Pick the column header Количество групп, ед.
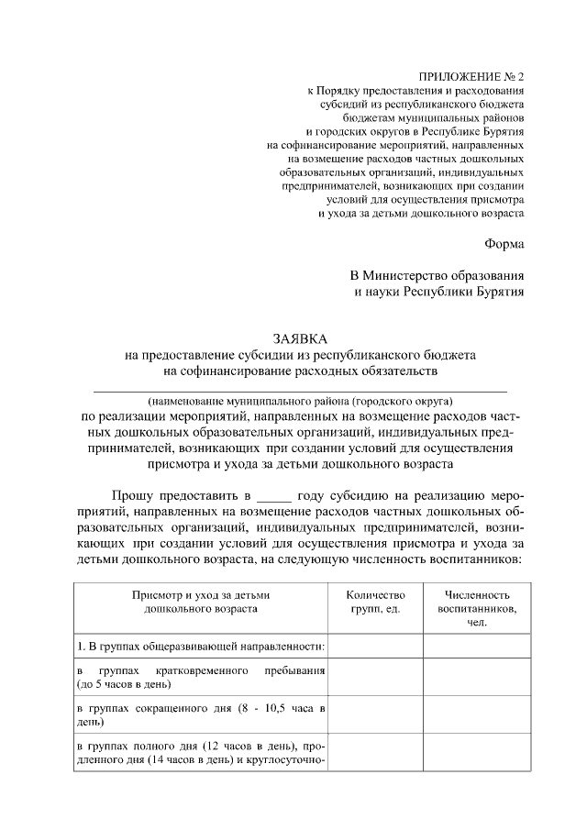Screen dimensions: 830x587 click(374, 602)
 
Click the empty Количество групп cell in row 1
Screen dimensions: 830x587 click(374, 647)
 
